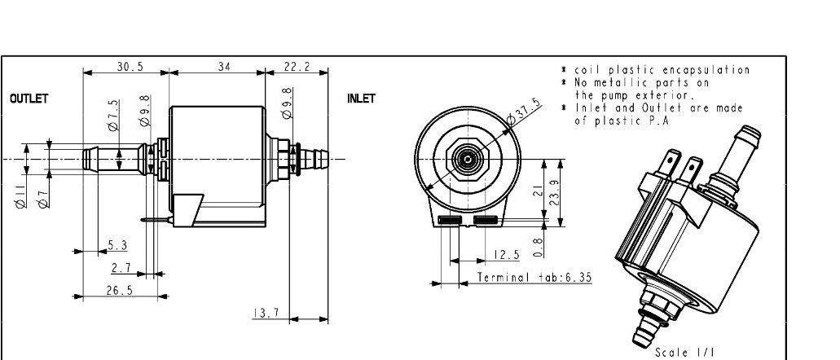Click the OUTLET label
pyautogui.click(x=29, y=99)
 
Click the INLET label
pyautogui.click(x=361, y=99)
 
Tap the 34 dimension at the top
pyautogui.click(x=223, y=67)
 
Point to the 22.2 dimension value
pyautogui.click(x=296, y=67)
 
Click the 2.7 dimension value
pyautogui.click(x=121, y=267)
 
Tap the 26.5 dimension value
pyautogui.click(x=119, y=291)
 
